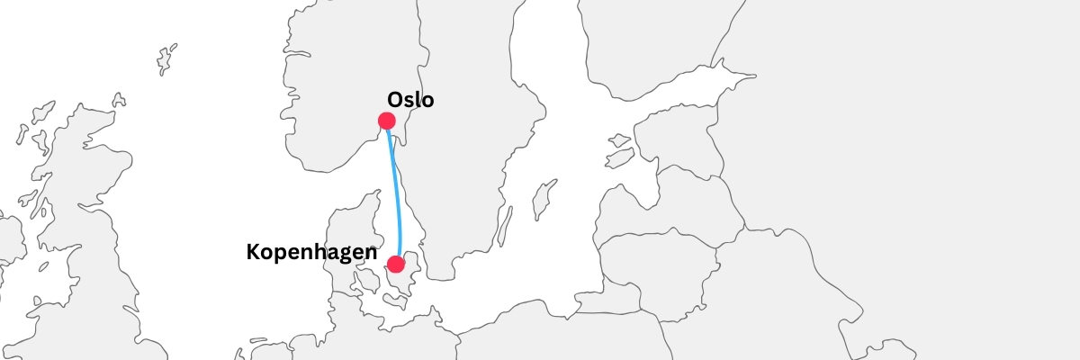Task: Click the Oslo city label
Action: click(x=410, y=100)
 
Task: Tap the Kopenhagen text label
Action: click(x=311, y=253)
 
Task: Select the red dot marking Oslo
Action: click(x=387, y=121)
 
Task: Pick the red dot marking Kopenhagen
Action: click(x=395, y=264)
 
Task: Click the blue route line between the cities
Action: click(x=395, y=189)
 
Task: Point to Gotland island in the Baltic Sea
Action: click(x=543, y=200)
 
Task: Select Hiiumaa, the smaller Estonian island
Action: click(x=619, y=141)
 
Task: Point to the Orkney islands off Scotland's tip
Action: click(x=119, y=101)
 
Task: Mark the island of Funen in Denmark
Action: click(x=366, y=282)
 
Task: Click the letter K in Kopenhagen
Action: click(x=254, y=253)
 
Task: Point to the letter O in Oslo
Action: click(x=395, y=100)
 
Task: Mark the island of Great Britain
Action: click(x=90, y=243)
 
